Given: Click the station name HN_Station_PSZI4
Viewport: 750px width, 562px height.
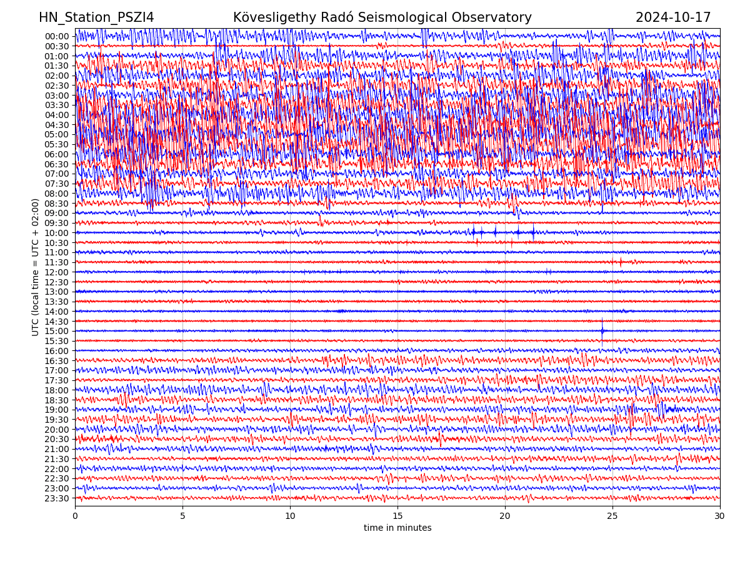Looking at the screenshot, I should pos(96,17).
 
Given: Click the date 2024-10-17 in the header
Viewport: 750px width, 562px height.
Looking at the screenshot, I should pos(673,17).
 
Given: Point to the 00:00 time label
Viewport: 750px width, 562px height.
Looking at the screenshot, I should pos(57,36).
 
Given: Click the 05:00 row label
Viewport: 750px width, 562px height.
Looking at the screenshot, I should pos(57,134).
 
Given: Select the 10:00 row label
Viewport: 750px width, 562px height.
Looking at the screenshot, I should pos(57,233).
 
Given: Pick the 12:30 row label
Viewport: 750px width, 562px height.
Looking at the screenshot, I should pos(57,282).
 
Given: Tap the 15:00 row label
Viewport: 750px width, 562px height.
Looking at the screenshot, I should pos(57,331).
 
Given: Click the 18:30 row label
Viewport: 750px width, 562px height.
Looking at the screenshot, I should pos(57,400).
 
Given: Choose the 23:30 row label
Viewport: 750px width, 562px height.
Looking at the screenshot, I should pos(57,498).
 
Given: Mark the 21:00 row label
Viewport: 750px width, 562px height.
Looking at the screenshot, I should pos(57,449).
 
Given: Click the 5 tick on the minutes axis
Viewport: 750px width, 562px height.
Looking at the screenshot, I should pos(182,516).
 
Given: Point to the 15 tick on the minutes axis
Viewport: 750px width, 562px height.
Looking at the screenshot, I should pos(397,516).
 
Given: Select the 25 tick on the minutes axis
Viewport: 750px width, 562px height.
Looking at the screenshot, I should pos(612,516).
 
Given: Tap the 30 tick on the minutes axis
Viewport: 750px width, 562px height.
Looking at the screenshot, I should pos(720,516).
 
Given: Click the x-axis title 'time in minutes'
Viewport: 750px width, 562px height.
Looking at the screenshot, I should pos(397,528).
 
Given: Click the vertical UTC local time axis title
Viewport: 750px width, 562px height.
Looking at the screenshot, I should pos(36,267).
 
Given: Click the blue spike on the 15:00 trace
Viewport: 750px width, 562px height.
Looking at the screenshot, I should pos(602,330).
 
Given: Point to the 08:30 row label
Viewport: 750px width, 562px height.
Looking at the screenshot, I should pos(57,204).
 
